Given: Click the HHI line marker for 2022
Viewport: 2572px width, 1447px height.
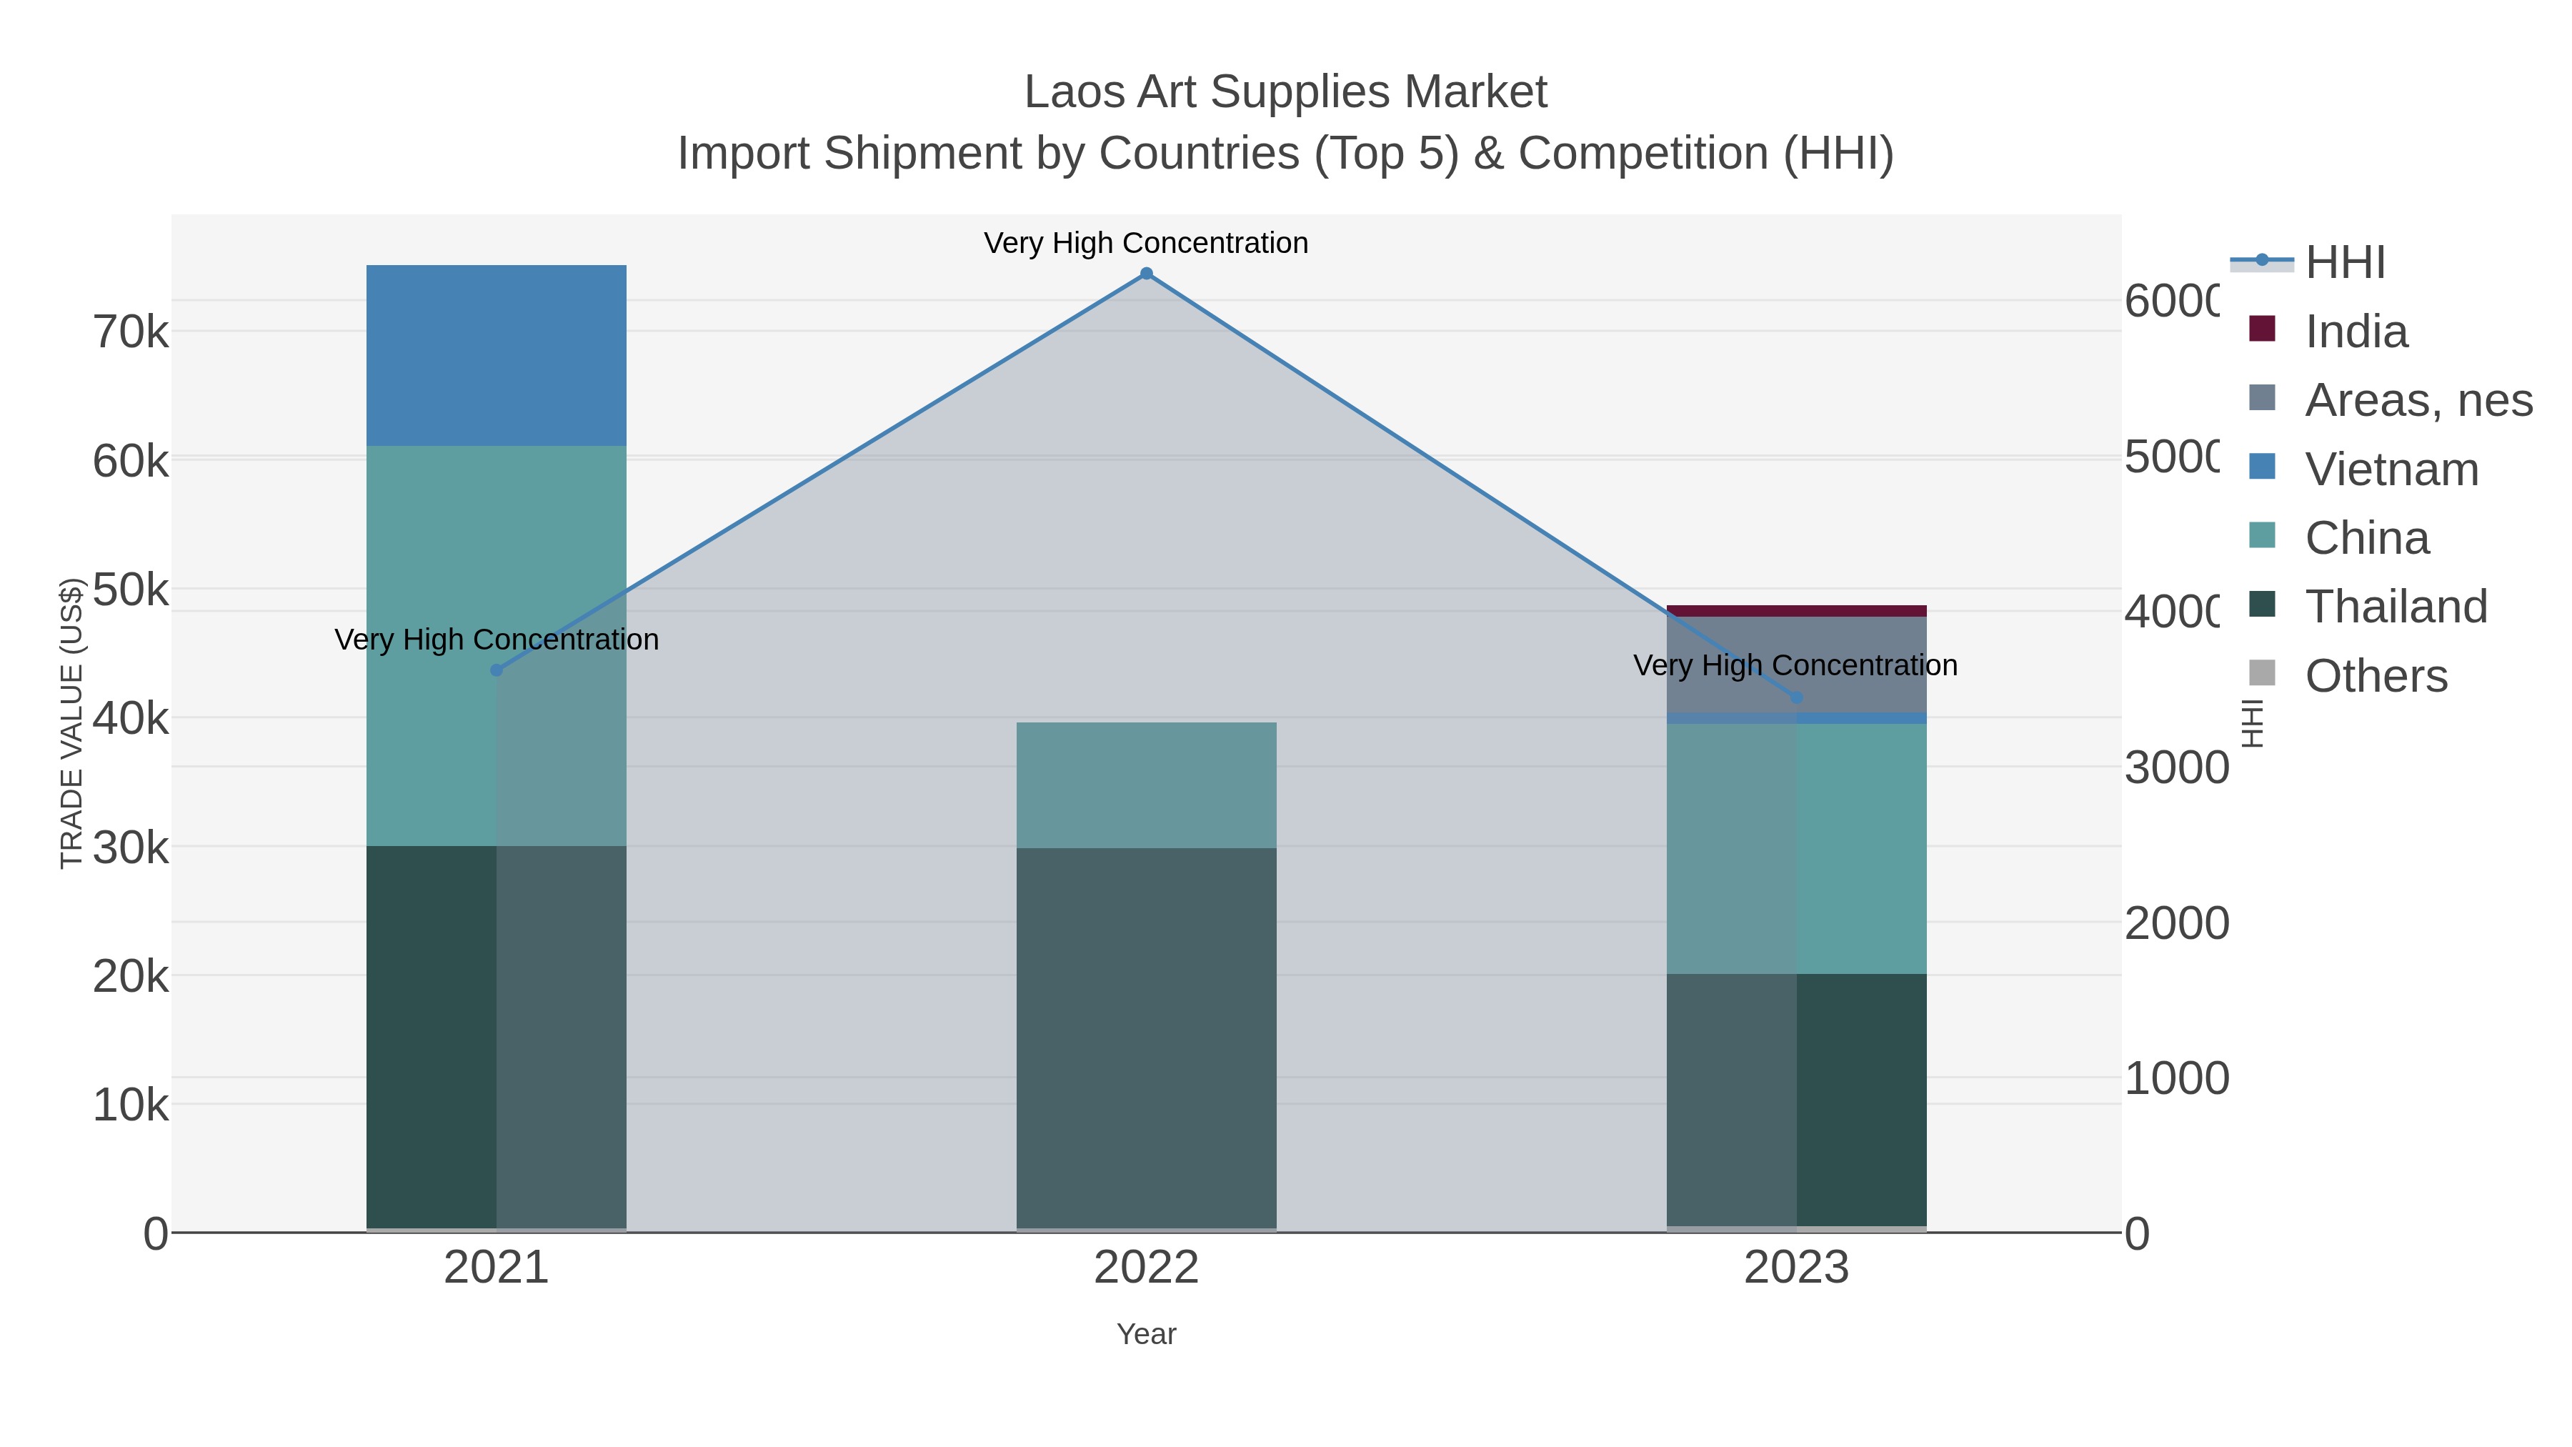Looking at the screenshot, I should click(1146, 274).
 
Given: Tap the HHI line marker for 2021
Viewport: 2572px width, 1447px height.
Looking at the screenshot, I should click(497, 670).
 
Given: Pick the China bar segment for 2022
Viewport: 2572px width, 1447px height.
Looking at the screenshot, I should click(1146, 785).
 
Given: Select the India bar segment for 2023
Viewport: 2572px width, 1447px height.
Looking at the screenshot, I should click(1798, 611).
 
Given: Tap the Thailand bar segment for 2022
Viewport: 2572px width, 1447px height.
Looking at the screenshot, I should click(1146, 1038).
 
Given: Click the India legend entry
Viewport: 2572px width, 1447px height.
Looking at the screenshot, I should click(2356, 332).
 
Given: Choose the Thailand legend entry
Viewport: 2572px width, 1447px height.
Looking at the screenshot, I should click(2396, 607).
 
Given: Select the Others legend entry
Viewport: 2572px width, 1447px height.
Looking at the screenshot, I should click(2376, 676).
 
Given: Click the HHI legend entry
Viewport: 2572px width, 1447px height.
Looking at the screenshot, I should click(2344, 263).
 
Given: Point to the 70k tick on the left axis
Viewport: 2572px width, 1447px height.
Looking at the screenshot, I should click(131, 332).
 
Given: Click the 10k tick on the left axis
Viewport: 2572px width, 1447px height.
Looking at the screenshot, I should click(131, 1105).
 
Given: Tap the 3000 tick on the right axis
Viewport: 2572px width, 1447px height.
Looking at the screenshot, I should click(2175, 768).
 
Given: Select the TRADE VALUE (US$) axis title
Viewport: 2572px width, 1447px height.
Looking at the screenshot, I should click(72, 723).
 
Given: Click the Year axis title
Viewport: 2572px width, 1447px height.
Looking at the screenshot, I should click(1146, 1334).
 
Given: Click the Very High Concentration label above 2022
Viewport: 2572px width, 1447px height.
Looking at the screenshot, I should click(1146, 243).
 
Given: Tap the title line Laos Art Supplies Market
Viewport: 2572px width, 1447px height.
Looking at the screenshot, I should click(1285, 92).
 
